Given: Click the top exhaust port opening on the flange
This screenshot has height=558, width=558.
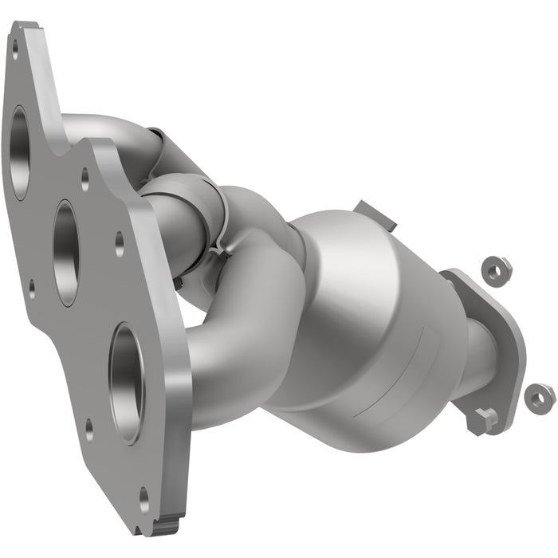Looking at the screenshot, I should pos(19,152).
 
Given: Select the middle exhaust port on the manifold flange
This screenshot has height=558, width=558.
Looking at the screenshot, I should pos(66,253).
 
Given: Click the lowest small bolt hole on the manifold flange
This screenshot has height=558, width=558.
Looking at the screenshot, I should pos(144,501).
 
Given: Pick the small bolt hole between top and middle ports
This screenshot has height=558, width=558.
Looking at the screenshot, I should pos(84,179).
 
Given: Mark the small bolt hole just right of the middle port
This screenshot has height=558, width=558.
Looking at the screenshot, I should pos(119,243).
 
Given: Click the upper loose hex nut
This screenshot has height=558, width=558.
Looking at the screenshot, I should pos(497,270).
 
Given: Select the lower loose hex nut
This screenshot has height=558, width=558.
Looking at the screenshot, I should pos(540,397).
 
